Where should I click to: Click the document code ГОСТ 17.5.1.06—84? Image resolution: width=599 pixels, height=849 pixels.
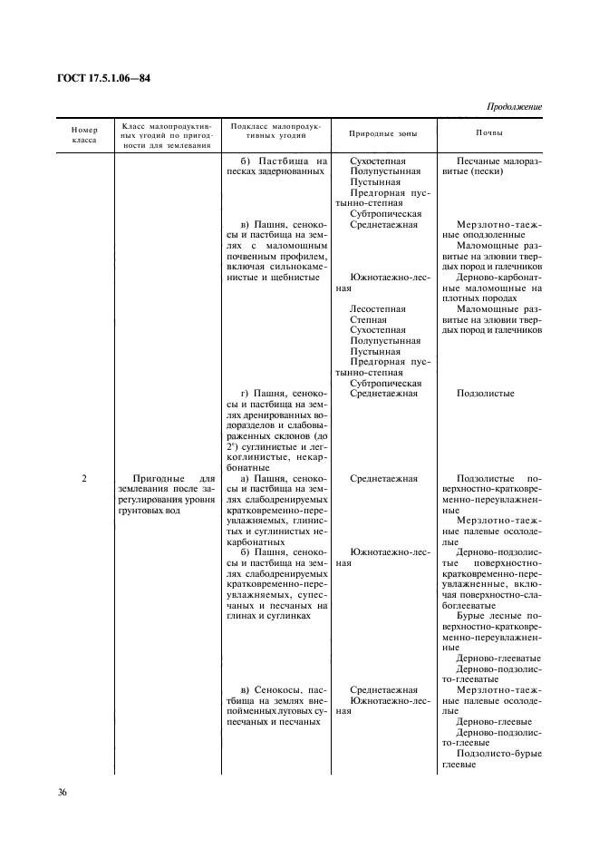93,78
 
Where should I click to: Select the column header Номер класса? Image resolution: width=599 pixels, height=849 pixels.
83,135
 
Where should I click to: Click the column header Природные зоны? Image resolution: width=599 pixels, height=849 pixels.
383,133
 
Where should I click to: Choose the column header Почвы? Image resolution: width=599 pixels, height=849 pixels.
490,133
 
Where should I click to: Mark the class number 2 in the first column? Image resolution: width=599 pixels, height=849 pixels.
83,478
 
